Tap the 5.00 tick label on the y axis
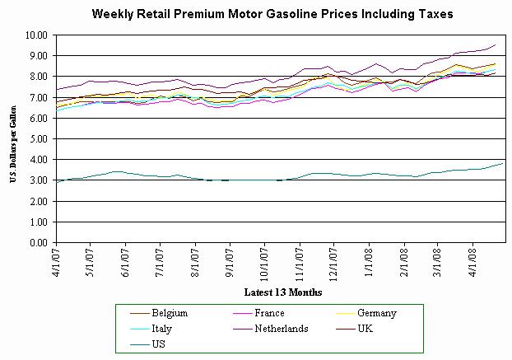[37, 139]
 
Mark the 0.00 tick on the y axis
[37, 243]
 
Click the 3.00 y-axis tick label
[37, 180]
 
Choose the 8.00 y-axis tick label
[37, 77]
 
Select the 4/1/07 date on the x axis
[56, 262]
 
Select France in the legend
[270, 313]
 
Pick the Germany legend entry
[378, 313]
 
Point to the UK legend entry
[367, 327]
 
